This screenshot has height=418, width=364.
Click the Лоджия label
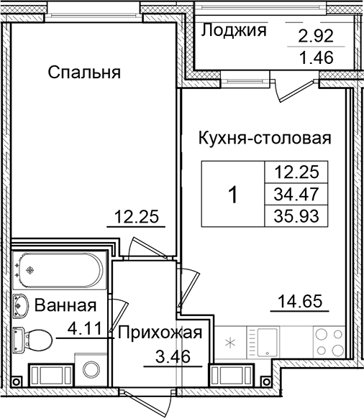(235, 30)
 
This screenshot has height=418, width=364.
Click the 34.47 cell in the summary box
(296, 193)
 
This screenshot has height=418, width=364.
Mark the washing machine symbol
(91, 370)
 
